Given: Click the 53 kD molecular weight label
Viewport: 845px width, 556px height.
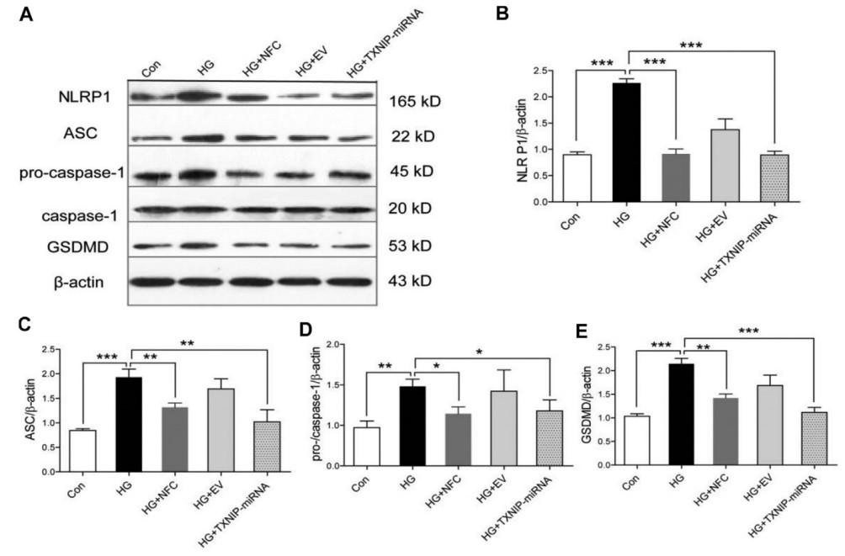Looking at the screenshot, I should (412, 248).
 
